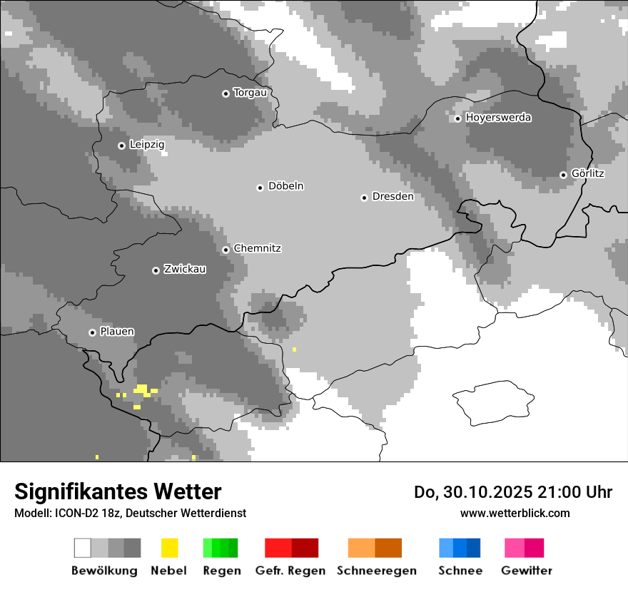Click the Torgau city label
click(250, 93)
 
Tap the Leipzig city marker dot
click(122, 146)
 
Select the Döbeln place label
click(286, 186)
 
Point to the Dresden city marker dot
click(365, 198)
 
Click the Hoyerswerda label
click(499, 118)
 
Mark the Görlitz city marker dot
click(564, 175)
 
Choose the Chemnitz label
click(258, 248)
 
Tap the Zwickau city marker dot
click(156, 270)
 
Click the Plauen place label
click(117, 332)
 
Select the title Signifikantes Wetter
click(118, 491)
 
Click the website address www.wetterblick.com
click(515, 513)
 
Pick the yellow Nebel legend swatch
click(169, 548)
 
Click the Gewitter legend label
click(527, 571)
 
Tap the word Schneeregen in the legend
click(377, 571)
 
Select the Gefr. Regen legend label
click(290, 571)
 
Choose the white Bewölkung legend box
click(83, 548)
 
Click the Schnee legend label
click(460, 571)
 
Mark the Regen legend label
click(221, 571)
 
